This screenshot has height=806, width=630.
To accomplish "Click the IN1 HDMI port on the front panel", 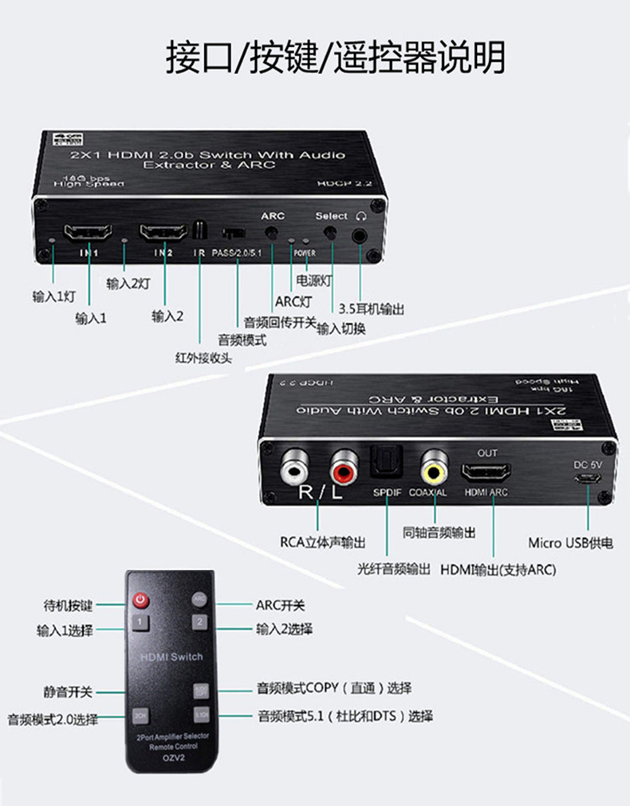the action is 88,234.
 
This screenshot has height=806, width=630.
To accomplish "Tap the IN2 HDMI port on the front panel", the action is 163,234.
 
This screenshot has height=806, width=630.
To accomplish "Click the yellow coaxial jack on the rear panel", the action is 435,469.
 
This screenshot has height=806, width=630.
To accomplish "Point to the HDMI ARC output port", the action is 487,472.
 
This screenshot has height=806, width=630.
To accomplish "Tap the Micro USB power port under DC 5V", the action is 589,480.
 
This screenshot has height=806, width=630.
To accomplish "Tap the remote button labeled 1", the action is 140,622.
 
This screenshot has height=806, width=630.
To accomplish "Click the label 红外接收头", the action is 204,357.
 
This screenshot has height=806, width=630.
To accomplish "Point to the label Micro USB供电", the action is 570,543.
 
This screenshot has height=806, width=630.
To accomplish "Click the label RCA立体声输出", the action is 323,542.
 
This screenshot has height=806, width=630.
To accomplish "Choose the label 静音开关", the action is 68,691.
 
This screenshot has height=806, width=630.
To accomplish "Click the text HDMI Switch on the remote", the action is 171,657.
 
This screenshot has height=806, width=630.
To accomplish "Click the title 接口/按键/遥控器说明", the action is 335,57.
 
